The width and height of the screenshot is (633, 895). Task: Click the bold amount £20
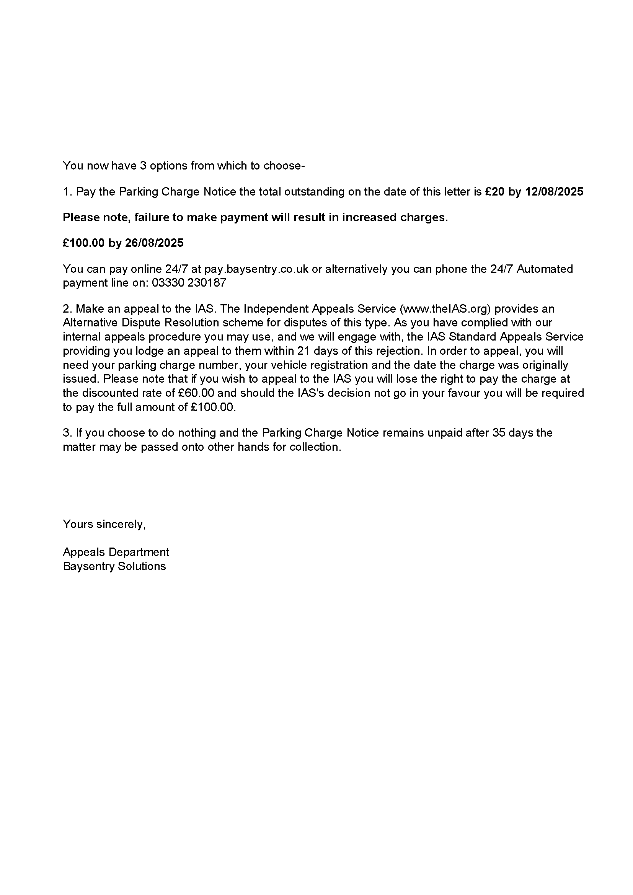pyautogui.click(x=494, y=192)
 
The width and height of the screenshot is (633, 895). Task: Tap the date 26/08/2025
pyautogui.click(x=154, y=243)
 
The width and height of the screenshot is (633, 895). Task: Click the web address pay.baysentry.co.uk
pyautogui.click(x=256, y=269)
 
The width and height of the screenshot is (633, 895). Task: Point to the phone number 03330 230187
pyautogui.click(x=189, y=283)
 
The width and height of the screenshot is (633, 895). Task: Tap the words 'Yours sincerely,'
pyautogui.click(x=104, y=524)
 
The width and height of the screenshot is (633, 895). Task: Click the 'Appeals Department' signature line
pyautogui.click(x=116, y=552)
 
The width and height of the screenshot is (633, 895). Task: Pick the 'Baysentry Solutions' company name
pyautogui.click(x=114, y=566)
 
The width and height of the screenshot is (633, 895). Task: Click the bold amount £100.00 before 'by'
pyautogui.click(x=83, y=243)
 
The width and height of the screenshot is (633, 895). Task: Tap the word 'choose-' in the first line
pyautogui.click(x=284, y=166)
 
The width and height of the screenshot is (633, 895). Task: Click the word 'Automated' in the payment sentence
pyautogui.click(x=545, y=269)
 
